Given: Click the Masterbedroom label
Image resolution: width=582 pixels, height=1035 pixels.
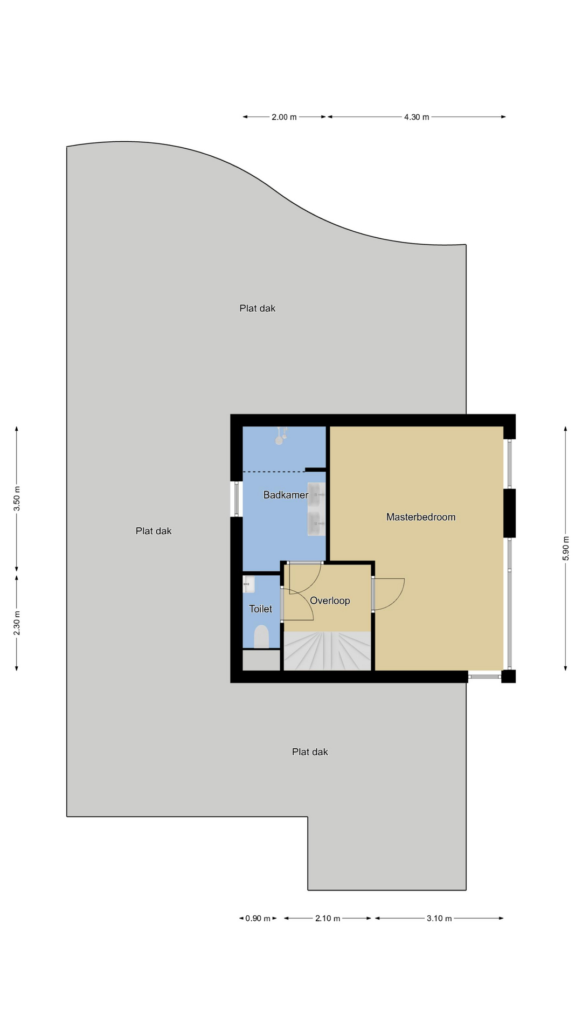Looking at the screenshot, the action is coord(421,517).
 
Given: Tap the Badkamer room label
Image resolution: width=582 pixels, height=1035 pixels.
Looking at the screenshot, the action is coord(286,495).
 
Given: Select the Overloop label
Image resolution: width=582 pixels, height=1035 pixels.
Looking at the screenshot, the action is coord(330,601).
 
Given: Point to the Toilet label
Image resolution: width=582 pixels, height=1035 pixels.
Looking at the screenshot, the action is coord(260,609).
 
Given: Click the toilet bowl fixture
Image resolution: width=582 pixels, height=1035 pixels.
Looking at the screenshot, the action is coord(261,637).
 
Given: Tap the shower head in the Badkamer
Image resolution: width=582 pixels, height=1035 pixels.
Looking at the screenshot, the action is coord(280,436).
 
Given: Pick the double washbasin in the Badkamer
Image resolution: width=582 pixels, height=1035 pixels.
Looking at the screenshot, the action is coord(316,509).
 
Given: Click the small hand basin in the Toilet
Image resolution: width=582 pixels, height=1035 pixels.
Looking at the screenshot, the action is coord(248,584).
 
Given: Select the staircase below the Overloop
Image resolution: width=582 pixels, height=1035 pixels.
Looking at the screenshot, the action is coord(327,651).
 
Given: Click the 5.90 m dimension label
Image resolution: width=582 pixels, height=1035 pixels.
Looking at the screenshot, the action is coord(565,548).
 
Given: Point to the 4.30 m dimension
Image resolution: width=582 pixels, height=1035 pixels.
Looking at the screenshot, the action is coord(417,117).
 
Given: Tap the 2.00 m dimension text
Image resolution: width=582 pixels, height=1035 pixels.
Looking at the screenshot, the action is coord(284,117).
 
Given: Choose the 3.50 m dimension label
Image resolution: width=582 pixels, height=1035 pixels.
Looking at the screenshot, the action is coord(17,499).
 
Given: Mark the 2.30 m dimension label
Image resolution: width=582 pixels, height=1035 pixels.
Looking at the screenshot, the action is coord(17,623).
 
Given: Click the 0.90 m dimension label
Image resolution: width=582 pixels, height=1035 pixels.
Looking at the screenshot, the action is coord(258,919).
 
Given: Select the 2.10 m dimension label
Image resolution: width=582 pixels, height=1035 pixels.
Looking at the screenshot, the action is coord(328,919).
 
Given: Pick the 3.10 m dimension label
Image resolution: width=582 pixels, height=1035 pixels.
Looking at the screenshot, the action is coord(439,919).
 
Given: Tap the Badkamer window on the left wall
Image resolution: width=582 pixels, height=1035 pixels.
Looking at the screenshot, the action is coord(236,499).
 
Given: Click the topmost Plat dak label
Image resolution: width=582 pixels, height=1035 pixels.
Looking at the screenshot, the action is coord(258,308).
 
